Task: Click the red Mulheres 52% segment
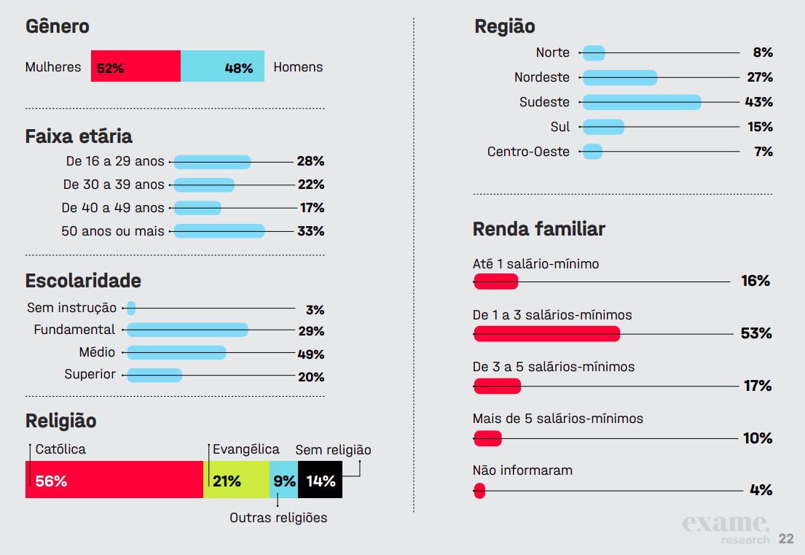pyautogui.click(x=136, y=66)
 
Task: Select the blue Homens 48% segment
pyautogui.click(x=222, y=66)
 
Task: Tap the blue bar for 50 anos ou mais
pyautogui.click(x=219, y=231)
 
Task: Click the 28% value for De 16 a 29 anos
pyautogui.click(x=310, y=161)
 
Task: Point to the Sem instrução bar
pyautogui.click(x=131, y=308)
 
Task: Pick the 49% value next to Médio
pyautogui.click(x=311, y=354)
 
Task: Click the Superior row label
pyautogui.click(x=90, y=374)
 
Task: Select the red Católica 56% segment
pyautogui.click(x=114, y=479)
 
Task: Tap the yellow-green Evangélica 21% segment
pyautogui.click(x=236, y=479)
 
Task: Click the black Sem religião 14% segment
pyautogui.click(x=321, y=479)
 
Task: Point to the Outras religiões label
pyautogui.click(x=278, y=518)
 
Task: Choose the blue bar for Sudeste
pyautogui.click(x=642, y=102)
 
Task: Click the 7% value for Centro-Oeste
pyautogui.click(x=763, y=152)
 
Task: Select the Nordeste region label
pyautogui.click(x=542, y=77)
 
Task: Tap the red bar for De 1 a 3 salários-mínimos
pyautogui.click(x=546, y=333)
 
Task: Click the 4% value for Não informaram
pyautogui.click(x=761, y=490)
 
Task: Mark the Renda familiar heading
pyautogui.click(x=539, y=229)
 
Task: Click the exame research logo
pyautogui.click(x=726, y=529)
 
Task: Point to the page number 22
pyautogui.click(x=786, y=539)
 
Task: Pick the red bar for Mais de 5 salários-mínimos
pyautogui.click(x=487, y=438)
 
